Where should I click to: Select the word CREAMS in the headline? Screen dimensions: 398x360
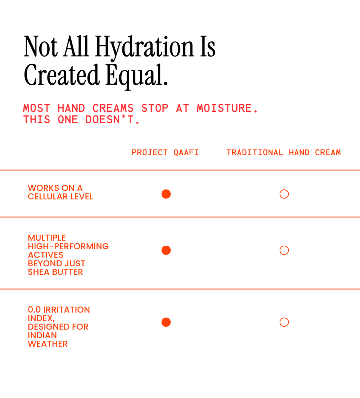(113, 108)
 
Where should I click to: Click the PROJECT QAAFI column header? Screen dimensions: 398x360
(165, 152)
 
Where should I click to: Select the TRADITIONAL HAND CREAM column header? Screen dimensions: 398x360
(283, 152)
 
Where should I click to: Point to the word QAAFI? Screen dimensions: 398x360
(186, 152)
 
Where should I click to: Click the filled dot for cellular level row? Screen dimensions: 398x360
(166, 194)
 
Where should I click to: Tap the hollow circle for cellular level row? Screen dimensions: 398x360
(284, 194)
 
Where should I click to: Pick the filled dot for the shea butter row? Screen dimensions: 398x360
(166, 250)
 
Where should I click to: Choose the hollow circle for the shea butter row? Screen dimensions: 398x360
(284, 250)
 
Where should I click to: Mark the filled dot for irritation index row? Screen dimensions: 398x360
(166, 322)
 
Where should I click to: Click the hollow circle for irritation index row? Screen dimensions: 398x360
(284, 322)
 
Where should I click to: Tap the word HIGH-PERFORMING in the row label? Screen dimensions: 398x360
(68, 246)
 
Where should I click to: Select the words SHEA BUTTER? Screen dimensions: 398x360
(55, 272)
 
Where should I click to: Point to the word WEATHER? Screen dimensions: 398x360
(48, 344)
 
